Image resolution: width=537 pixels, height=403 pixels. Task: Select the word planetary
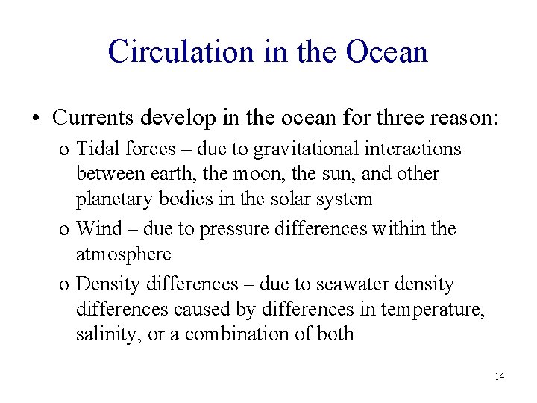click(109, 199)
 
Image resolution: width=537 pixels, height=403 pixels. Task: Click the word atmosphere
click(123, 254)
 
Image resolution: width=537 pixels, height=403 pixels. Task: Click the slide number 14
click(499, 376)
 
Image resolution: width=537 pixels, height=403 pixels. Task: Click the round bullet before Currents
click(36, 118)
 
